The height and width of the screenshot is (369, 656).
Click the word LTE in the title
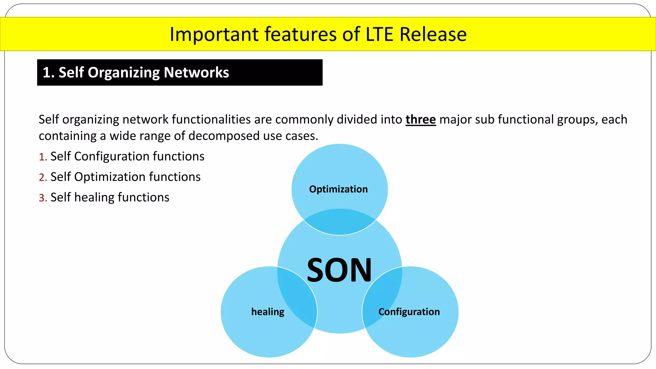tap(379, 34)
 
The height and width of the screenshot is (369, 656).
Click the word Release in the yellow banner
tap(433, 34)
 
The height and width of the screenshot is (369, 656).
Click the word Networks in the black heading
tap(196, 72)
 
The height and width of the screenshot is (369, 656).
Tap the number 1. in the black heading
tap(49, 73)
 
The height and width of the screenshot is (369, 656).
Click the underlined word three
tap(421, 119)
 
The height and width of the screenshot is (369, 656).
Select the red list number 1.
tap(43, 157)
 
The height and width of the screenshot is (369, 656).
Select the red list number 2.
tap(43, 177)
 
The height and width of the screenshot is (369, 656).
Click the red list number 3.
tap(43, 198)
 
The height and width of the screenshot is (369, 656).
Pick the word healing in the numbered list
tap(94, 198)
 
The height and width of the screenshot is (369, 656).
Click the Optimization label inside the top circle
tap(338, 189)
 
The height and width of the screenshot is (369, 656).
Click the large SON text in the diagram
tap(339, 270)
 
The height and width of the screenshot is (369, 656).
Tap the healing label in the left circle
tap(268, 312)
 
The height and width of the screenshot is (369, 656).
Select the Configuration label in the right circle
tap(409, 312)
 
